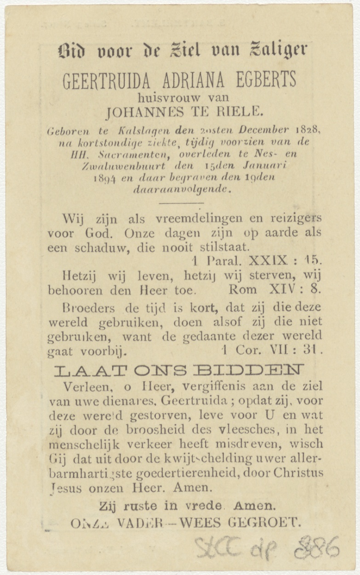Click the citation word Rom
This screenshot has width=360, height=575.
point(243,290)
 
